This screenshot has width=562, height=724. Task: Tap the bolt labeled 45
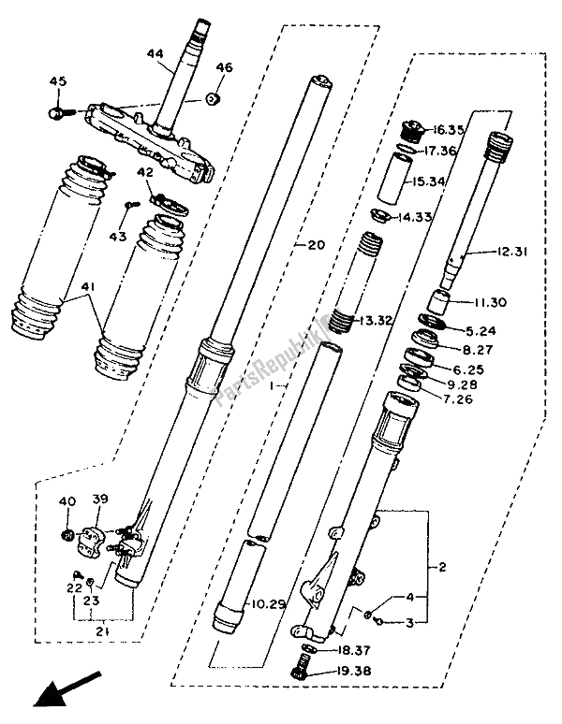pyautogui.click(x=59, y=112)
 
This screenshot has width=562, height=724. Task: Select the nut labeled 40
pyautogui.click(x=67, y=534)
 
